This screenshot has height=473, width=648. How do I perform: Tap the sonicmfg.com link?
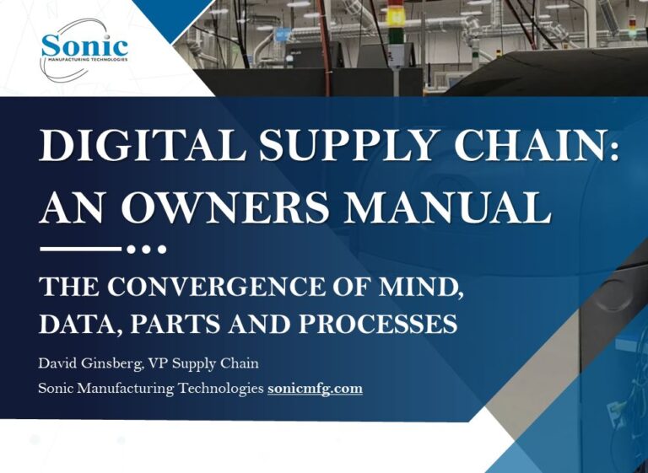click(315, 389)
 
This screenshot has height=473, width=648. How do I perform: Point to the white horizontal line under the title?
click(80, 249)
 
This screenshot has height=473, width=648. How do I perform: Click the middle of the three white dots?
click(146, 249)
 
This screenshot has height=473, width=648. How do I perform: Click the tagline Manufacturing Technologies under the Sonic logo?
click(84, 62)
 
